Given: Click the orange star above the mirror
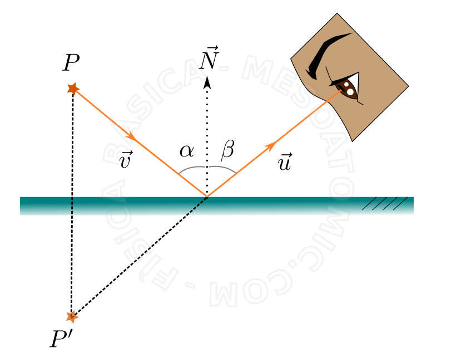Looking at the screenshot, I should pos(73,88).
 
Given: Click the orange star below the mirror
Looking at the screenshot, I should pos(72,316).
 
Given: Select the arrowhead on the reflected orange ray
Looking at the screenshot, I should pos(271,146).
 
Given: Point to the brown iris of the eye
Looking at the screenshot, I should pos(347,88).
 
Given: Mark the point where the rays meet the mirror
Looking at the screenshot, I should pos(207,197).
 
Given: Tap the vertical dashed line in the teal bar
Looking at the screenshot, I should pos(72,206).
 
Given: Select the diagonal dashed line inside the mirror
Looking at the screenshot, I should pos(196,206).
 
